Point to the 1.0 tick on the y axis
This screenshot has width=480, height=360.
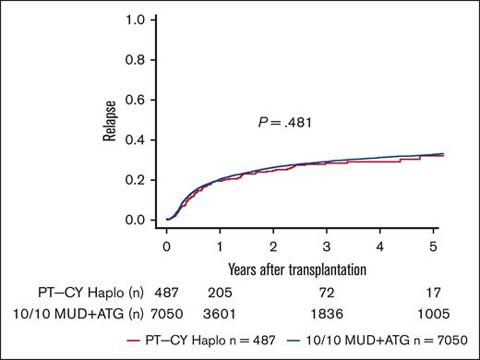click(137, 19)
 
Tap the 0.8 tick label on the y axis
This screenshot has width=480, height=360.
click(137, 59)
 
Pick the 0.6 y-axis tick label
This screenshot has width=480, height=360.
click(137, 100)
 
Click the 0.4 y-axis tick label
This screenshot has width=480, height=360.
click(137, 139)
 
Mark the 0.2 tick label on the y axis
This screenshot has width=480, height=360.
click(137, 180)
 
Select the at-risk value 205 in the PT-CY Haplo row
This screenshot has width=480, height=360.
click(220, 293)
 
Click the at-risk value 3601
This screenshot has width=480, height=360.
click(220, 315)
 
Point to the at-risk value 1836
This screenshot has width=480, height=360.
click(328, 315)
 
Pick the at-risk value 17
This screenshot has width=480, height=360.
click(435, 293)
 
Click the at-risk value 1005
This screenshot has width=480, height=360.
click(435, 315)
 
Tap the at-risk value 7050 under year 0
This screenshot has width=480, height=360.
click(167, 315)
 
